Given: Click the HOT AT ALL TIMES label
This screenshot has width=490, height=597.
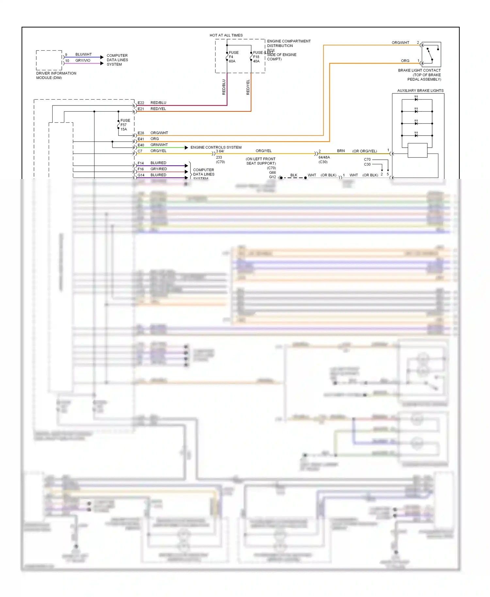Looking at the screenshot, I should coord(226,35).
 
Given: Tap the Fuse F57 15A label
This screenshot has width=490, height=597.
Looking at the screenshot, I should coord(125,125).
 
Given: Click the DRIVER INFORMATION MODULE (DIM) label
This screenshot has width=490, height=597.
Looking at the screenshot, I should coord(56,75).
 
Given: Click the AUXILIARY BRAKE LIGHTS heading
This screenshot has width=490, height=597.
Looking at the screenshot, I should coord(420,90).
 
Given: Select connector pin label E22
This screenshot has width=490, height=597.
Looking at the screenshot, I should coord(141,103).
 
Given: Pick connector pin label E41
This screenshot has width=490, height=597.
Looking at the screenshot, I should coord(141,139).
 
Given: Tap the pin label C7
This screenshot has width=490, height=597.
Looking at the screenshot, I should coord(140,151).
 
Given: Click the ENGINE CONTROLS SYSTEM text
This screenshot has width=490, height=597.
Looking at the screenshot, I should coord(216,147).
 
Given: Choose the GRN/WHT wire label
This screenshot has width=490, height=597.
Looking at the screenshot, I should coord(159,145).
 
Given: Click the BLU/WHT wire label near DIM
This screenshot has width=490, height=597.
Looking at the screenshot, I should coord(84,55).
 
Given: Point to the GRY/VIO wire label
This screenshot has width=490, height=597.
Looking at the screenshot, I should coord(83,60).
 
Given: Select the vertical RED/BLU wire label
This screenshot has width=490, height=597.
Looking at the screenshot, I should coord(224,87).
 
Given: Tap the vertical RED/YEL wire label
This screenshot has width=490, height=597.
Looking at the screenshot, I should coord(248,87).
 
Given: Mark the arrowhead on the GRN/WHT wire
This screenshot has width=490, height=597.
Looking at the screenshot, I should coord(186,148).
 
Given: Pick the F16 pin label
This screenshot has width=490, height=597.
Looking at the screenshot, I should coord(141,169).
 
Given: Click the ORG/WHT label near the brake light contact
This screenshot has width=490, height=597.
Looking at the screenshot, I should coord(400,43).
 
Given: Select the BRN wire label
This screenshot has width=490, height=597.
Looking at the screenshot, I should coord(341,151).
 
